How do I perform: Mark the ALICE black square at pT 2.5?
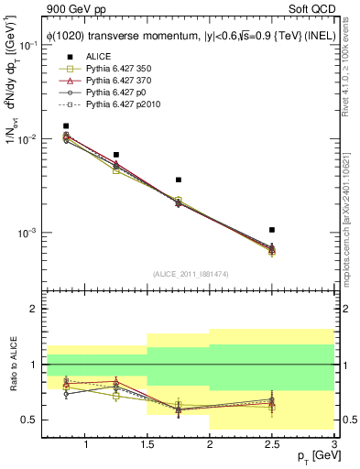[272, 230]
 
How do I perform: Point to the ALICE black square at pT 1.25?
[115, 155]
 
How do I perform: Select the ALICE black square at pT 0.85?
[66, 126]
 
